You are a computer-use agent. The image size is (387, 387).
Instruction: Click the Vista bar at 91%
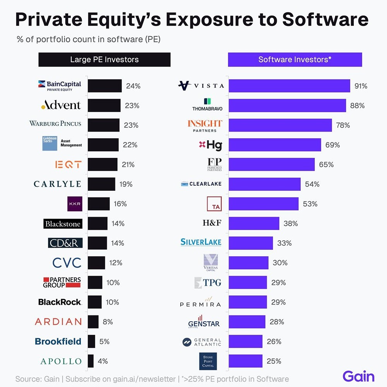(x=289, y=86)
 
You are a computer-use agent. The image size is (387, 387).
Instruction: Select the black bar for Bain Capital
(x=104, y=86)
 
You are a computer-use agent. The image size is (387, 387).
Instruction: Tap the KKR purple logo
(x=74, y=204)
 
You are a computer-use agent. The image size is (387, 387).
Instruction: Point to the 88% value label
(x=358, y=106)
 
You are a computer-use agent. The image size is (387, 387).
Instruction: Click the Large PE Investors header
(x=104, y=60)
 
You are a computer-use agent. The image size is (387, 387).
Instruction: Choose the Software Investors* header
(x=295, y=60)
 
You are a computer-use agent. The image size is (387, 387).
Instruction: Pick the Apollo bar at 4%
(x=91, y=361)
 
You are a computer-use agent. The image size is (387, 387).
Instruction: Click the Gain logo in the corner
(x=358, y=376)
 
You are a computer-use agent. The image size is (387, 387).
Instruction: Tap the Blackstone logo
(x=63, y=224)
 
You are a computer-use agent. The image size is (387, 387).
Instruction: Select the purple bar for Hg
(x=275, y=145)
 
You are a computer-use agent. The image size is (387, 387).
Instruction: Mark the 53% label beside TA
(x=310, y=204)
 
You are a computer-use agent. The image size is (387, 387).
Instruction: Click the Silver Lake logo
(x=201, y=243)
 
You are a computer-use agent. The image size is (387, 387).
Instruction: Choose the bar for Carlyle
(x=101, y=184)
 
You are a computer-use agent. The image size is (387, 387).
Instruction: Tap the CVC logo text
(x=67, y=263)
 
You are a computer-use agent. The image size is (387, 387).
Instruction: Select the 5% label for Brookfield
(x=104, y=342)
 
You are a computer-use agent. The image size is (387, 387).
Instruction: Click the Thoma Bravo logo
(x=207, y=105)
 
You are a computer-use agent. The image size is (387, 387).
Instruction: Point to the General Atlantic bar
(x=245, y=342)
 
